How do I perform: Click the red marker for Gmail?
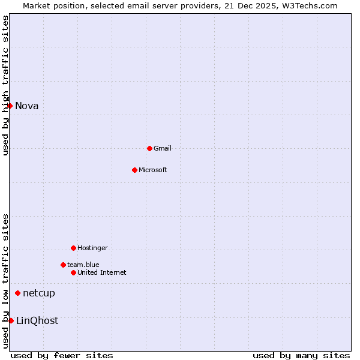click(149, 148)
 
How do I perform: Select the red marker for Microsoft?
click(134, 170)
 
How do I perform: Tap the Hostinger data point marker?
click(73, 248)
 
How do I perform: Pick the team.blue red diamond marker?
click(63, 265)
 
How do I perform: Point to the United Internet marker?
click(73, 272)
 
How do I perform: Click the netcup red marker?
click(18, 293)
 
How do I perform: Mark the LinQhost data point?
click(11, 320)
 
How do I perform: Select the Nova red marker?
click(10, 106)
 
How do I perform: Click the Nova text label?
click(27, 106)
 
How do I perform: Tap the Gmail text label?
click(163, 148)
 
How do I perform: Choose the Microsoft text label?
click(153, 170)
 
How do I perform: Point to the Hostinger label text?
click(92, 248)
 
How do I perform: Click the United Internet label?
click(102, 272)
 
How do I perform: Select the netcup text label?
click(39, 293)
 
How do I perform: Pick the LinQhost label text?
click(37, 320)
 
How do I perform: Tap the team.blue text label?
click(83, 265)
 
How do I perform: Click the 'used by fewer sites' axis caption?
click(62, 355)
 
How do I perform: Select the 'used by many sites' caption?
click(301, 355)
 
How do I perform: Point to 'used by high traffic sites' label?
click(6, 86)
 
